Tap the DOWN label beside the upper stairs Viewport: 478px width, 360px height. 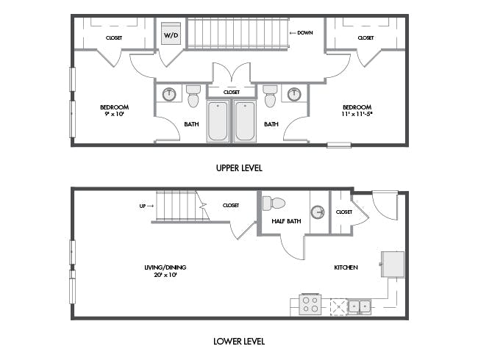point(305,33)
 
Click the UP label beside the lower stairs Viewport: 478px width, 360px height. point(143,206)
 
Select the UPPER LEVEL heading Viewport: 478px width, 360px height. point(239,168)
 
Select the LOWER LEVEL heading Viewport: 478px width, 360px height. point(239,342)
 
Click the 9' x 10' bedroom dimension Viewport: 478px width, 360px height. point(115,115)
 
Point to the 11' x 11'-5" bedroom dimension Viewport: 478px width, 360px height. point(357,115)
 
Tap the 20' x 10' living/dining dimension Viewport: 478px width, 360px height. point(165,275)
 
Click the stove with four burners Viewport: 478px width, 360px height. point(310,304)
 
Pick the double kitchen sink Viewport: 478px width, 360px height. point(360,306)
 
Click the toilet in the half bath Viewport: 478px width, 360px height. point(274,204)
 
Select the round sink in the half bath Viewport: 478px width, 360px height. point(318,212)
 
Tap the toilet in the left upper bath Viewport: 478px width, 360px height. point(193,96)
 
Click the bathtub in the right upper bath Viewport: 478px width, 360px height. point(245,121)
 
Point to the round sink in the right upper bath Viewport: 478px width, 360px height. point(294,95)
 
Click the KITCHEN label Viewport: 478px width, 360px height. point(346,267)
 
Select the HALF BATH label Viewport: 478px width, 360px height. point(286,221)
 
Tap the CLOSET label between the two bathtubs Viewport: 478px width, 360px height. point(232,92)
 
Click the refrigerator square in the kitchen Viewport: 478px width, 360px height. point(393,264)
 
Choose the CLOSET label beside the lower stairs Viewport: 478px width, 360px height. point(231,205)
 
